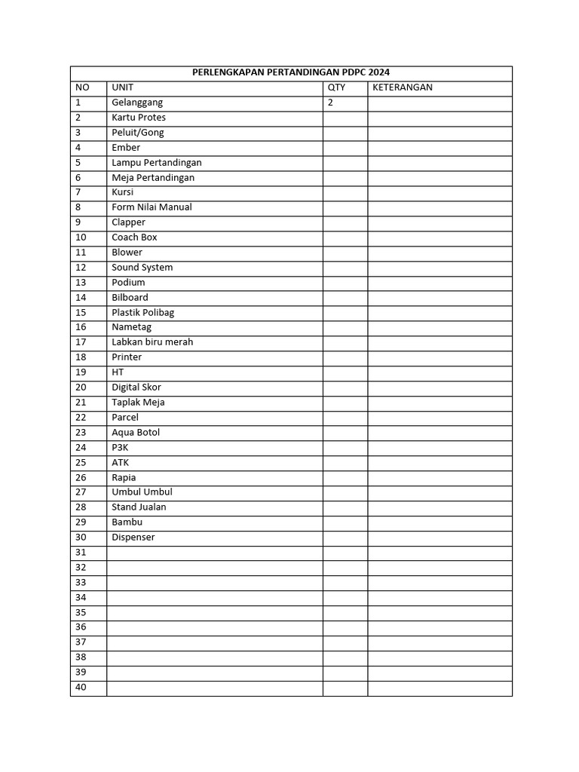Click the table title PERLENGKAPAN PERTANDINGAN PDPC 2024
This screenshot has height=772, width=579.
point(291,73)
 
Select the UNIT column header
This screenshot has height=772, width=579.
point(122,87)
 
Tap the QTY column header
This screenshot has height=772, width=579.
point(336,87)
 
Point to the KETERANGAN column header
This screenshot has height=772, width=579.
point(402,87)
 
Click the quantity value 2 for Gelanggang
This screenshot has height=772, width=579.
point(330,103)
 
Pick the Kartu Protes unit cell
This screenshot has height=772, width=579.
point(139,118)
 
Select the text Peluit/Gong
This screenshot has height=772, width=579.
point(137,133)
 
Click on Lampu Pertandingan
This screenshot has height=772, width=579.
point(156,163)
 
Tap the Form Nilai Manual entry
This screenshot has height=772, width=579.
point(152,207)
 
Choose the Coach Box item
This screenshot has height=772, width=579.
point(134,237)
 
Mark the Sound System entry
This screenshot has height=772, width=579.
point(142,268)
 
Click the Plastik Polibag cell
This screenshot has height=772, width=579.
point(142,312)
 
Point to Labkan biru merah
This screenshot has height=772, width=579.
point(152,342)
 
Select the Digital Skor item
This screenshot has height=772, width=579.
point(136,388)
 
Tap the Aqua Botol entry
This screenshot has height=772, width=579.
point(136,433)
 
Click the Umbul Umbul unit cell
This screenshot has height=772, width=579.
point(142,492)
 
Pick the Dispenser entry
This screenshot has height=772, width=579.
point(133,538)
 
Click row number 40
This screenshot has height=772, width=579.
point(81,688)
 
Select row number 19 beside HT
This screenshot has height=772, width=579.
point(81,372)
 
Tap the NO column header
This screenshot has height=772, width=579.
point(82,87)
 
